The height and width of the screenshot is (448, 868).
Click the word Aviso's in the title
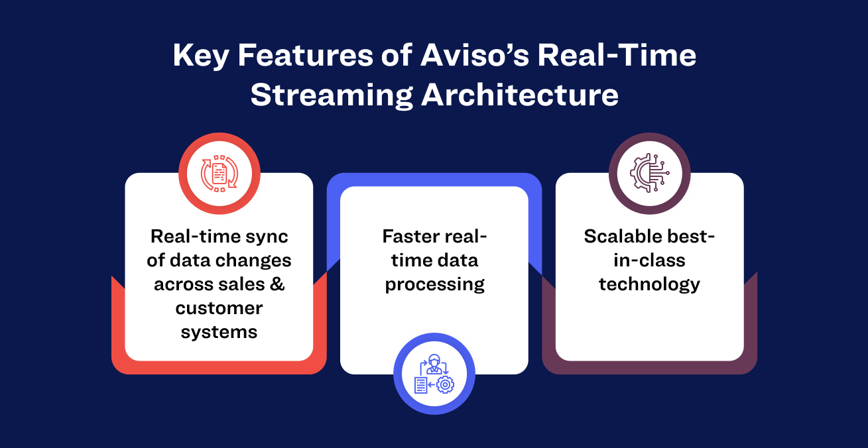[475, 56]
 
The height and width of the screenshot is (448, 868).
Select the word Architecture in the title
[520, 95]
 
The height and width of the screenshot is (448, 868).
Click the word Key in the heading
[201, 56]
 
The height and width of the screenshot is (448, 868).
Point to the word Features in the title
[305, 56]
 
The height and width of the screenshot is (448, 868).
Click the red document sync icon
[219, 174]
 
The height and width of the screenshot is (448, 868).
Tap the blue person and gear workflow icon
[434, 374]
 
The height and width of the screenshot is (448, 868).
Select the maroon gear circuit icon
[649, 173]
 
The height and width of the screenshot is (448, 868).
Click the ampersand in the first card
[277, 284]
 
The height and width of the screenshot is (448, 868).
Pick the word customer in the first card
[219, 308]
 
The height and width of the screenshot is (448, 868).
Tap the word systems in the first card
[219, 333]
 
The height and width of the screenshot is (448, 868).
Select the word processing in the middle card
[434, 285]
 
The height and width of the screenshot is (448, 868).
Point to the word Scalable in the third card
[621, 236]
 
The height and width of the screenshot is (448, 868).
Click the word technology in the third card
[649, 284]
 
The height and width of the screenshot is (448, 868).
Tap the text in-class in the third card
[649, 260]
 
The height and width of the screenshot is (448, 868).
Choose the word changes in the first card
[252, 260]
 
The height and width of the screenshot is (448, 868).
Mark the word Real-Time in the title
[617, 56]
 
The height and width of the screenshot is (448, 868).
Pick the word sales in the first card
[242, 284]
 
